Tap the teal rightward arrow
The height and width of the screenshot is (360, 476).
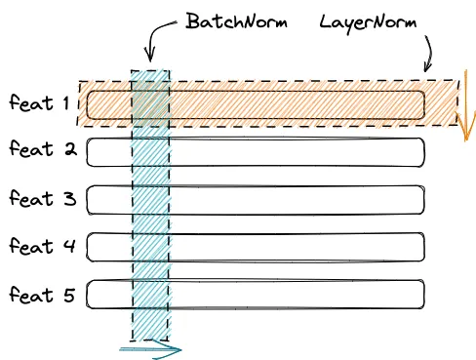[x=151, y=346]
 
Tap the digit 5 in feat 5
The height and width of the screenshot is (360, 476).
[x=68, y=294]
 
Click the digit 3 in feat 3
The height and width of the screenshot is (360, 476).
[x=68, y=198]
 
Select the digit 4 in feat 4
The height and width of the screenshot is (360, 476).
[x=68, y=246]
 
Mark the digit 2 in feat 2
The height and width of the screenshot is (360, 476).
[x=68, y=150]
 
